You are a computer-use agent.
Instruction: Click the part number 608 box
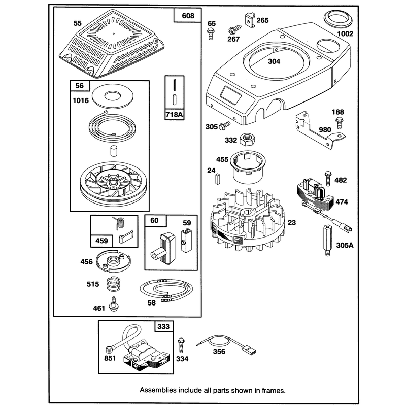point(187,16)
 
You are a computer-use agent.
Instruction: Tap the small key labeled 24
point(217,179)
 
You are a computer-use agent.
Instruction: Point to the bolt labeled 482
point(328,178)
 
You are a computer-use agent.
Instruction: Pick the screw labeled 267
point(235,29)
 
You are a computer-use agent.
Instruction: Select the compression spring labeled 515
point(113,284)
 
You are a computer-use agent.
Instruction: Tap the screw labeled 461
point(113,304)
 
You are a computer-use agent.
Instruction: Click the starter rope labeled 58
point(166,290)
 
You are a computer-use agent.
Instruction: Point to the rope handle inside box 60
point(162,249)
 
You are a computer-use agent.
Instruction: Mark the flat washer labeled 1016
point(113,96)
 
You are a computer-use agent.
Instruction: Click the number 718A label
point(174,114)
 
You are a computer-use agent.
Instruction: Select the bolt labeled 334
point(182,345)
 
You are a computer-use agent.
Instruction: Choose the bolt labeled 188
point(339,123)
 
